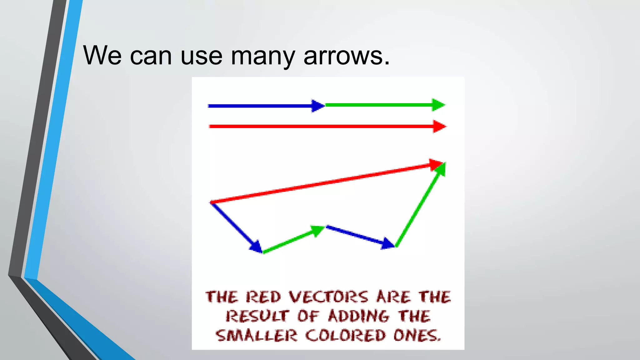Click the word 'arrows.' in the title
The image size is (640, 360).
347,56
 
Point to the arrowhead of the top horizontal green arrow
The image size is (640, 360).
438,105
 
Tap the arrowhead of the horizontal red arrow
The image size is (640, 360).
439,126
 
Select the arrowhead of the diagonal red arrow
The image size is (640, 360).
436,164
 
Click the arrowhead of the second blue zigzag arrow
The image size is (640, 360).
388,244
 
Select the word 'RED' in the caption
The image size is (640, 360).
263,297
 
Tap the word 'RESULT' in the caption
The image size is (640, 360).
257,316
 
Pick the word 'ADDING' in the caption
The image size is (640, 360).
359,316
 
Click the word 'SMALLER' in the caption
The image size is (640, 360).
256,336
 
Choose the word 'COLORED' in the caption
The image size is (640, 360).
345,336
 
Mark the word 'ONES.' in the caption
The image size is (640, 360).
417,336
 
